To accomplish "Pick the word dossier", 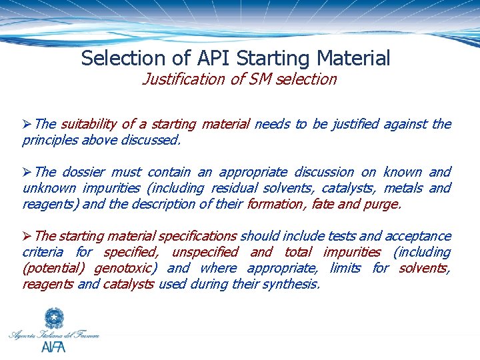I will (x=83, y=172).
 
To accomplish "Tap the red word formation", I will (x=271, y=204).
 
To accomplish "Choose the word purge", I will (x=381, y=204).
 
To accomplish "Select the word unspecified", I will (x=204, y=252).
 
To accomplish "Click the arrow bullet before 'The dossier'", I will (x=27, y=172).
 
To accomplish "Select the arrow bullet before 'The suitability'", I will (x=27, y=124).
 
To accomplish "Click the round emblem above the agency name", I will (x=53, y=319).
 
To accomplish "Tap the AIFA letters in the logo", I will (x=53, y=347).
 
